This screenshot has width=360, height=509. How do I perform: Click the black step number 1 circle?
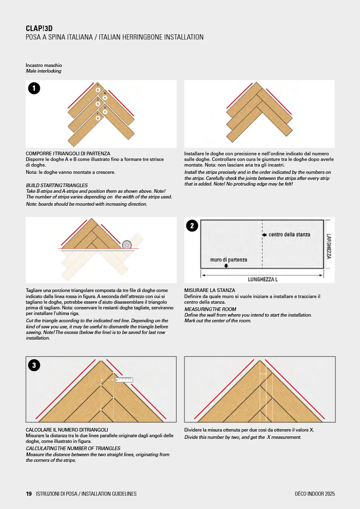pos(34,88)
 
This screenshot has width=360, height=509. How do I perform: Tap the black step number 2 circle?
pos(192,226)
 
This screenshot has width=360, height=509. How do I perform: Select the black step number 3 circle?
pos(34,365)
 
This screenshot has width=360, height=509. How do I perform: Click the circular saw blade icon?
pos(127,244)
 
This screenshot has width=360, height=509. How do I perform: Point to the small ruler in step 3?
pos(124,380)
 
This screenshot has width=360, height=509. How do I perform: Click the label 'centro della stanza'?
pos(289,234)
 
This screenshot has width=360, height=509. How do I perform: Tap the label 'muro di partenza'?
pos(228,260)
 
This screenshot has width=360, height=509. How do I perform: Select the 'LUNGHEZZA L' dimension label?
pos(262,280)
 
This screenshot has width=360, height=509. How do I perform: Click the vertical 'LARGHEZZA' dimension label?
pos(329,246)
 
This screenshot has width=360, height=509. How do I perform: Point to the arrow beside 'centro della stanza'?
pos(264,235)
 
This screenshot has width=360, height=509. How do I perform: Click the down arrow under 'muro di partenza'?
pos(226,266)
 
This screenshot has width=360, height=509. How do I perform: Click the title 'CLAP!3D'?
pos(39,28)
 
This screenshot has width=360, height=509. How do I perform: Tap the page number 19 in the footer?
pos(29,494)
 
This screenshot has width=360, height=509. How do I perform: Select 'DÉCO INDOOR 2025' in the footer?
pos(315,494)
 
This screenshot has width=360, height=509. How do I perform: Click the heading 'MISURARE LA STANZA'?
pos(209,290)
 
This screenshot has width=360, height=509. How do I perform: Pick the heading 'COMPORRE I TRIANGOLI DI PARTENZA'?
pos(68,154)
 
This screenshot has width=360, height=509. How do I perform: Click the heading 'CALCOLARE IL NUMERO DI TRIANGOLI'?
pos(67,430)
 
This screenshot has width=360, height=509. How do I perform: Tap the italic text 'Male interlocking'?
pos(44,71)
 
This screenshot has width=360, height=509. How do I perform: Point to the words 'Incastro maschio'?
pos(44,65)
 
